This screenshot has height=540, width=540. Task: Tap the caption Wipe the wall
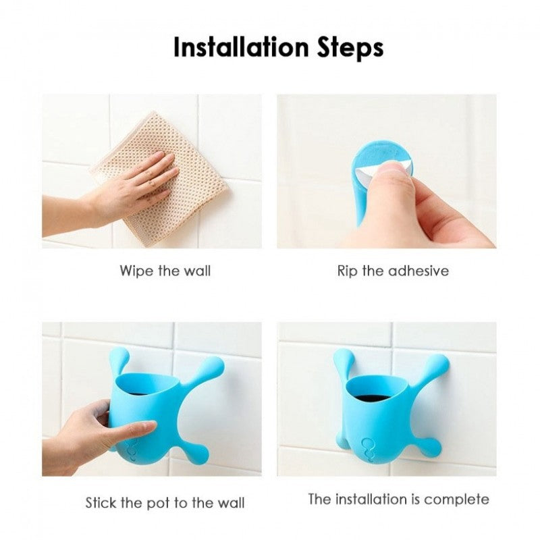[x=165, y=271]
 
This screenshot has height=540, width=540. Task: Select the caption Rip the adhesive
[x=393, y=271]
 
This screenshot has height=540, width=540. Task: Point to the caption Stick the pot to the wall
[x=165, y=503]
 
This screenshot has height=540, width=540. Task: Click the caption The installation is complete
[x=398, y=500]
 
